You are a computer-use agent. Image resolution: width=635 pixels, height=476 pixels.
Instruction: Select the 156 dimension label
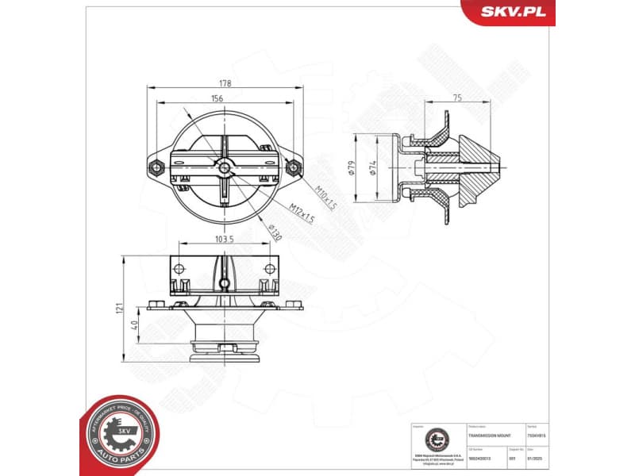pos(217,98)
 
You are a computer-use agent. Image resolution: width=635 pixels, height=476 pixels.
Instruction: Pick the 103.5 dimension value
pos(223,239)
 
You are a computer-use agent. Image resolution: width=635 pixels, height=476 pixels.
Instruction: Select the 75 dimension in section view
pos(456,98)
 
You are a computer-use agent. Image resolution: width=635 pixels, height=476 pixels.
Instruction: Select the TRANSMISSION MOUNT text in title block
pos(490,436)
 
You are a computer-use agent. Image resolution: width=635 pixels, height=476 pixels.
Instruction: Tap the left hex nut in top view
pos(156,167)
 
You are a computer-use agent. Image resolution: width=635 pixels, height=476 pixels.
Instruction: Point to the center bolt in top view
pos(225,167)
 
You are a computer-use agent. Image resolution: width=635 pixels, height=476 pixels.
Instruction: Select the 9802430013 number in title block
pos(481,458)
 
